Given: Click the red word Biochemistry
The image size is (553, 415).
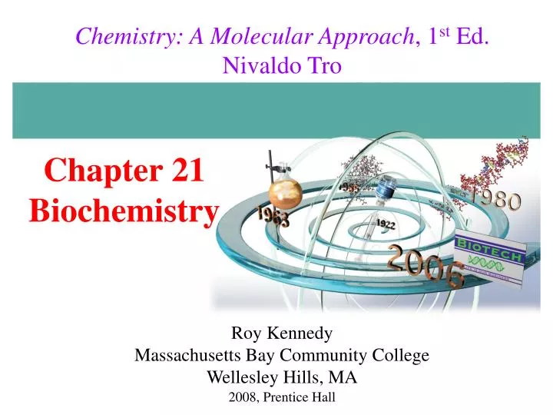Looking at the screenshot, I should [x=124, y=209].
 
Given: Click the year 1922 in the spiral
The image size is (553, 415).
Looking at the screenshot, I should [x=386, y=223].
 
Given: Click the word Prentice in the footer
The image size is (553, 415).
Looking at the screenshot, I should [x=287, y=397].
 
